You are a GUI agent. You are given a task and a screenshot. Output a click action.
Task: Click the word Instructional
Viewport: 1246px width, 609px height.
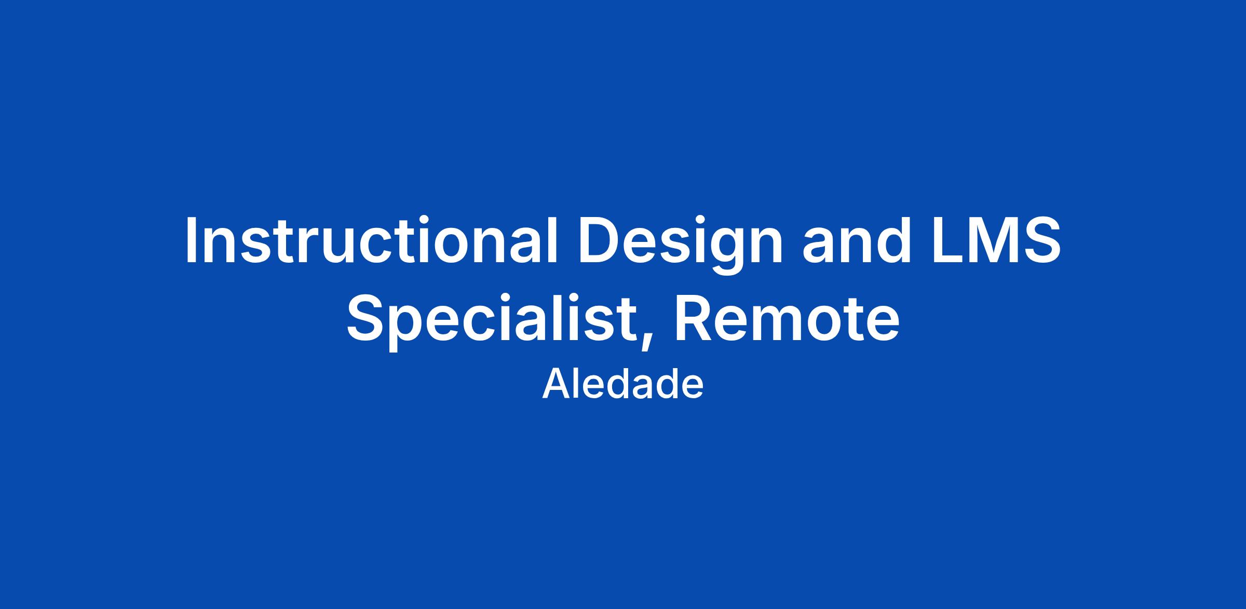(x=371, y=240)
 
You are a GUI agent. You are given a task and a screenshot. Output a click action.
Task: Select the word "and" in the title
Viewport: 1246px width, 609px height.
(x=857, y=240)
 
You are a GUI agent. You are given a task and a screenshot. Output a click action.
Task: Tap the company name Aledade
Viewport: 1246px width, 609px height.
(x=623, y=384)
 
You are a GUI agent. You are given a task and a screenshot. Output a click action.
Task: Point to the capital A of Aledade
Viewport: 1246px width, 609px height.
(x=556, y=384)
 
